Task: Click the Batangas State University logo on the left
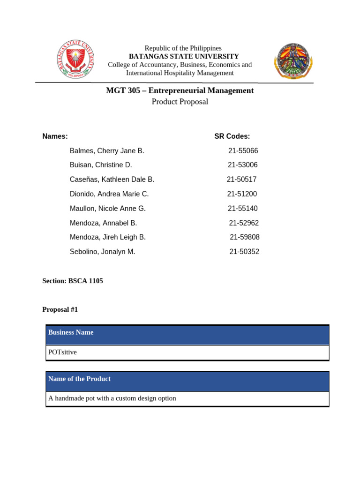coord(75,60)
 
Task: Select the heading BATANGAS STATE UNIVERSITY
coord(184,56)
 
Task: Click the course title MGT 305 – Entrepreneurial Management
coord(180,90)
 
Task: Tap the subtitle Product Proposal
coord(180,102)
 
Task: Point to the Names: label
coord(55,136)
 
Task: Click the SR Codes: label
coord(232,136)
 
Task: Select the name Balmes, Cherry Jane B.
coord(107,151)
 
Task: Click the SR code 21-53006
coord(243,165)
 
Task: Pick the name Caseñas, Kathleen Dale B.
coord(112,180)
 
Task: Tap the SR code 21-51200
coord(242,194)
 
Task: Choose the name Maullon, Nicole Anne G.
coord(108,209)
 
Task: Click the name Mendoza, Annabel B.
coord(104,223)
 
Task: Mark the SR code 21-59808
coord(245,237)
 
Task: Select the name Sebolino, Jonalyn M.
coord(103,252)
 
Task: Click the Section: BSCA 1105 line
coord(73,281)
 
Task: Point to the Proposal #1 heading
coord(60,309)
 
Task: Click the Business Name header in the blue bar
coord(71,332)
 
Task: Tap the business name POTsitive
coord(62,352)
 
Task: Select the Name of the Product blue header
coord(80,379)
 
